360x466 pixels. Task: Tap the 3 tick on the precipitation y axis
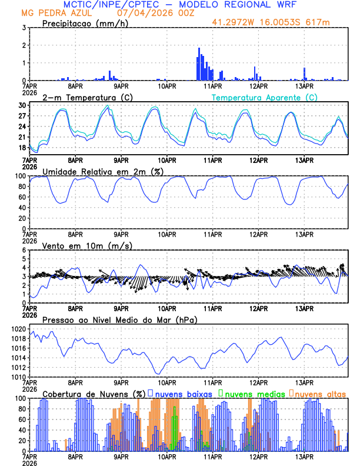(23, 28)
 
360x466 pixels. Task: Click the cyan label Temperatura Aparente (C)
(264, 97)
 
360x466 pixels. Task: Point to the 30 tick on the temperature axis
(21, 105)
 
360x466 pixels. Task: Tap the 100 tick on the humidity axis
(19, 176)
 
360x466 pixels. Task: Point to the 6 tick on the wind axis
(23, 250)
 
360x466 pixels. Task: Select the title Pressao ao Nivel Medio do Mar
(119, 319)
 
